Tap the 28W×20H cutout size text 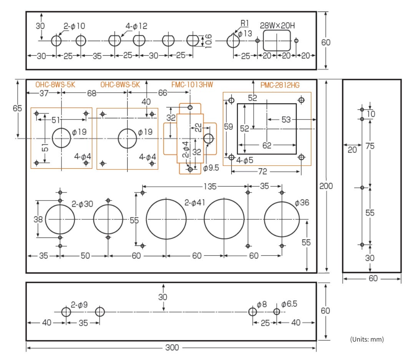(x=277, y=26)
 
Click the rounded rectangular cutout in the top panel (x=277, y=41)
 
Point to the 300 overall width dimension (x=172, y=347)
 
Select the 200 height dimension (x=326, y=186)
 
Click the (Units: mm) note (x=367, y=339)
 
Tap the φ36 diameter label (x=302, y=202)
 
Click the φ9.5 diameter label (x=211, y=168)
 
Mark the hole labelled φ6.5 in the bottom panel (x=276, y=312)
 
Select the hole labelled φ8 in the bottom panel (x=252, y=312)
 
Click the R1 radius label (x=244, y=23)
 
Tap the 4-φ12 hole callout (x=136, y=26)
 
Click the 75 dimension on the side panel (x=370, y=146)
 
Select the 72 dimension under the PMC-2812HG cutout (x=263, y=171)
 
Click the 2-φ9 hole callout (x=79, y=304)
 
